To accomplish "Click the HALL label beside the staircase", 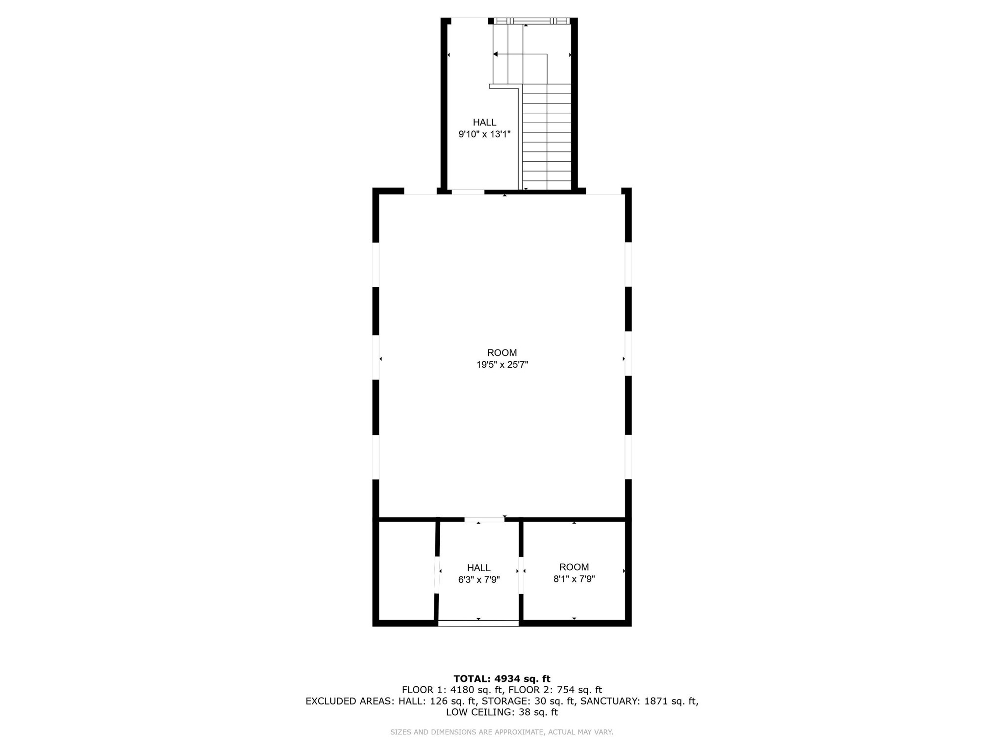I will (484, 123).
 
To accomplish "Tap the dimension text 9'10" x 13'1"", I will (484, 134).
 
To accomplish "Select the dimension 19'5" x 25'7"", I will (502, 365).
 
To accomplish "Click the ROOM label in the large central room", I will (502, 353).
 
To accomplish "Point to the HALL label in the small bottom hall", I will (478, 568).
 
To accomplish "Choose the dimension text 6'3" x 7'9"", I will (478, 580).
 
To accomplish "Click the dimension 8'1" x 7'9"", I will (574, 579).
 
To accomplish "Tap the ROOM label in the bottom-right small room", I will (574, 567).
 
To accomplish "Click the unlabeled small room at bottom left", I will (407, 571).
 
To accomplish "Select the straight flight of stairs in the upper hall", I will (547, 137).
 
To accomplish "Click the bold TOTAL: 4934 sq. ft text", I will (502, 679).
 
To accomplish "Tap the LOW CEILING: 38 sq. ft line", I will (502, 712).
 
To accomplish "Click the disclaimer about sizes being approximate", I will (502, 732).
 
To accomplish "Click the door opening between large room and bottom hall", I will (484, 519).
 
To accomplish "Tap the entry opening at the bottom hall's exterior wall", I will (478, 623).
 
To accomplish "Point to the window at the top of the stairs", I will (532, 21).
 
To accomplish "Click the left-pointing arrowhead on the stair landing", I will (496, 54).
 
